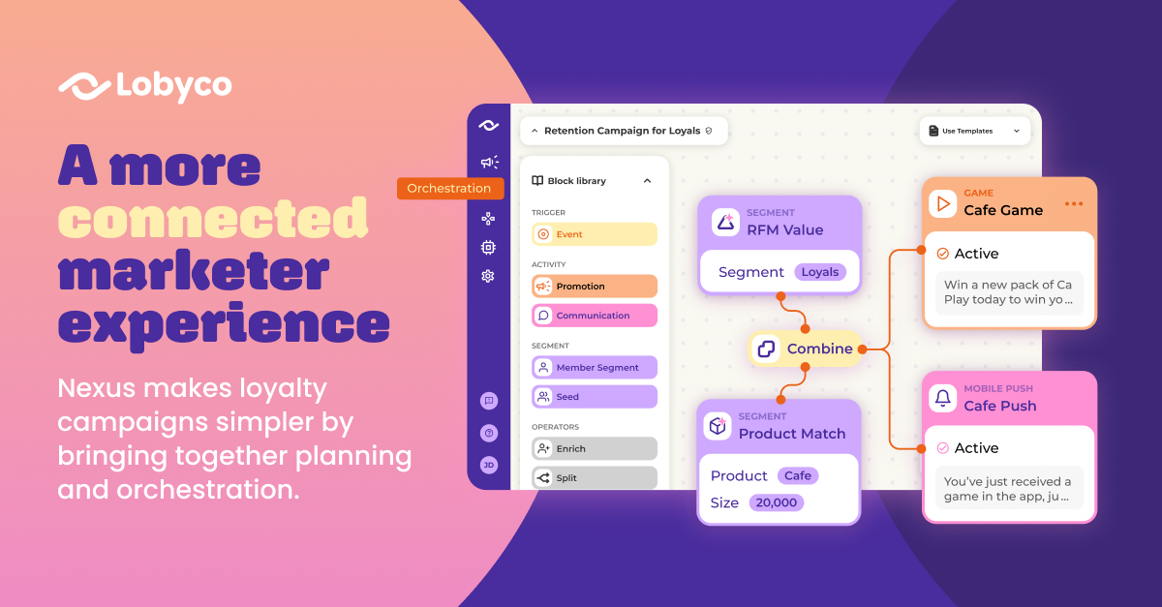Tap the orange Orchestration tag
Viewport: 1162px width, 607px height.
[449, 189]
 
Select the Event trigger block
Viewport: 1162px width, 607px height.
[595, 234]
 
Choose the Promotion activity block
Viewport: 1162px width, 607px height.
[595, 286]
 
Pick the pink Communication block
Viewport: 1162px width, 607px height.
[595, 316]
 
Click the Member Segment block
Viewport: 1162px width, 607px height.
[595, 367]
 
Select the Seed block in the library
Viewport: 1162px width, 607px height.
[595, 397]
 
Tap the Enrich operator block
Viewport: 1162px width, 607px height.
[595, 449]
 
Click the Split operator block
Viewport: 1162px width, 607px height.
[595, 478]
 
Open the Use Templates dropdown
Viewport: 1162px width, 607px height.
[975, 131]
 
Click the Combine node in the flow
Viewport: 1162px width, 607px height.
[805, 349]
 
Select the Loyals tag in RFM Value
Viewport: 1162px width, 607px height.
[820, 272]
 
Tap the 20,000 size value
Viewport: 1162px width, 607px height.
[776, 502]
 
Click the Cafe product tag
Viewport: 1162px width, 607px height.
[798, 475]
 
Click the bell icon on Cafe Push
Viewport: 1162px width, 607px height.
[942, 398]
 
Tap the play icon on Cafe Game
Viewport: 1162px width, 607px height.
[942, 204]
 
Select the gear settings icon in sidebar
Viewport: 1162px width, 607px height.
[488, 276]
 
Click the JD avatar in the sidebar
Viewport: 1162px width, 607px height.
[489, 466]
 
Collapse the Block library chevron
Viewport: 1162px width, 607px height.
[648, 180]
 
